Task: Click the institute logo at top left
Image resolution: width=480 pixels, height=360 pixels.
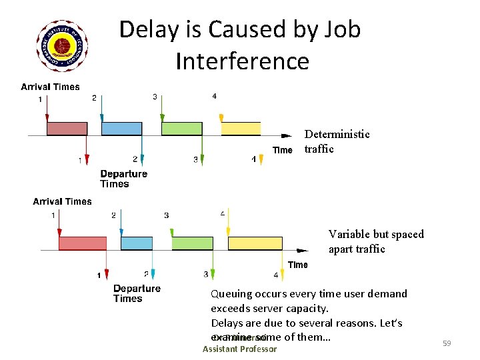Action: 63,46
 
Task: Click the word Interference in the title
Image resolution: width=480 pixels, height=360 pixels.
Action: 243,61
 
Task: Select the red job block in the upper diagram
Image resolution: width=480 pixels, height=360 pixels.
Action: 67,129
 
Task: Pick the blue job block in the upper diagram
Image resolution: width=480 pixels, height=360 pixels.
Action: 121,129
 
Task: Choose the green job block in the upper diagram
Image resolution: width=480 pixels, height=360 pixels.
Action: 181,129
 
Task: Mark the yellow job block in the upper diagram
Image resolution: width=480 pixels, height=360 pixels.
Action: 241,129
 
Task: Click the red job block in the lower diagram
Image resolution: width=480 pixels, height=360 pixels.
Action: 83,243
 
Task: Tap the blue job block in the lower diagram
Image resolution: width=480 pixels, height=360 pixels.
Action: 137,243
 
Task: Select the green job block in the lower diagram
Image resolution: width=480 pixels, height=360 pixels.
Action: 193,243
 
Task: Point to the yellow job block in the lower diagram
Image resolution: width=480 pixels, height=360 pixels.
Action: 255,243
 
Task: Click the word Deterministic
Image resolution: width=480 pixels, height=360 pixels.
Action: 337,134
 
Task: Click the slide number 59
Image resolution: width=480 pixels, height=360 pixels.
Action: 447,343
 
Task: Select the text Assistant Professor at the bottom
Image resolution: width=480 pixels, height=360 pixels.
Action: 239,349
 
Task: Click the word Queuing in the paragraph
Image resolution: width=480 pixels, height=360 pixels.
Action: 231,294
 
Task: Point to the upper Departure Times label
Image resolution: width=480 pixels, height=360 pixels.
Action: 123,179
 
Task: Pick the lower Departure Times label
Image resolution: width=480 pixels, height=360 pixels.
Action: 137,293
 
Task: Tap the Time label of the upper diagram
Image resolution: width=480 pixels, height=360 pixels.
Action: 283,150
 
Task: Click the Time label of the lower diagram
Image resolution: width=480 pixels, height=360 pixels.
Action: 298,265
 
